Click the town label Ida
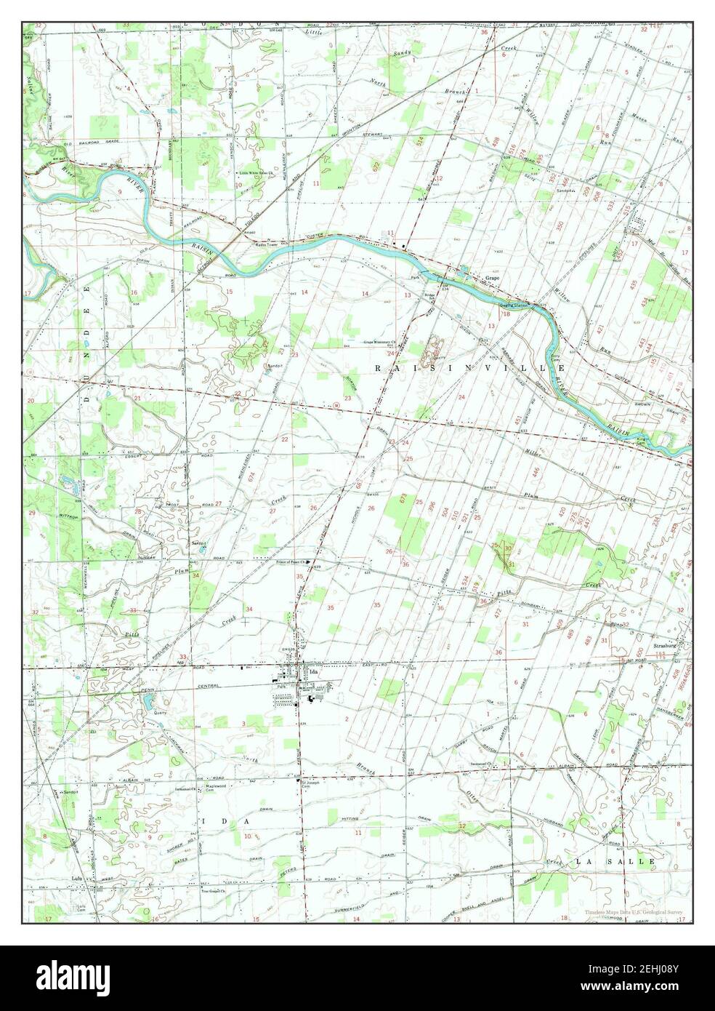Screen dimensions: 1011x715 (314, 672)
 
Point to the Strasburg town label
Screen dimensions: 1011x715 (666, 644)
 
